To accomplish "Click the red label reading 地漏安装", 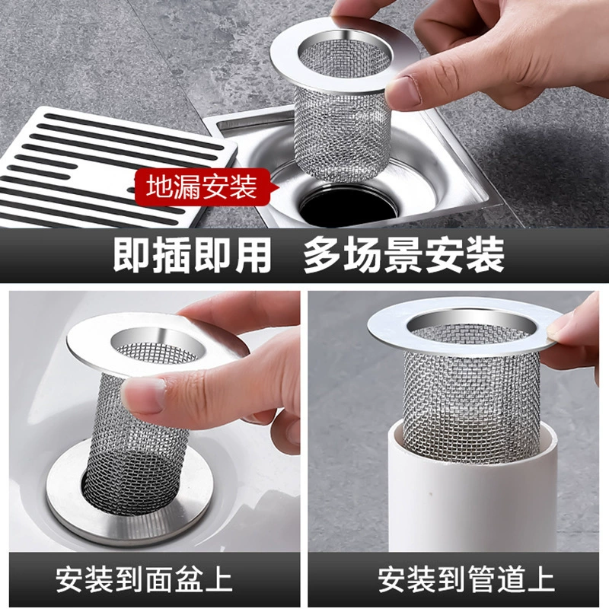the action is click(203, 187).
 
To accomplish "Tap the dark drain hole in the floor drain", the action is click(348, 206).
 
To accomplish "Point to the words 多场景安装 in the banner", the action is click(404, 255).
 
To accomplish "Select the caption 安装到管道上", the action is click(467, 579).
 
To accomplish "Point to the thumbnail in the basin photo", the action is click(144, 394).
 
